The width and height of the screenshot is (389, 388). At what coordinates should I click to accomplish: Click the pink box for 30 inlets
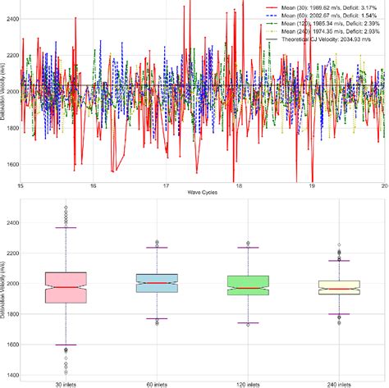[66, 287]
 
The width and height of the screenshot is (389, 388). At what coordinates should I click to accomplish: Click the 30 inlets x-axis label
[66, 383]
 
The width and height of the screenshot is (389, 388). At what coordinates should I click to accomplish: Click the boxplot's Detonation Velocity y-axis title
[4, 287]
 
